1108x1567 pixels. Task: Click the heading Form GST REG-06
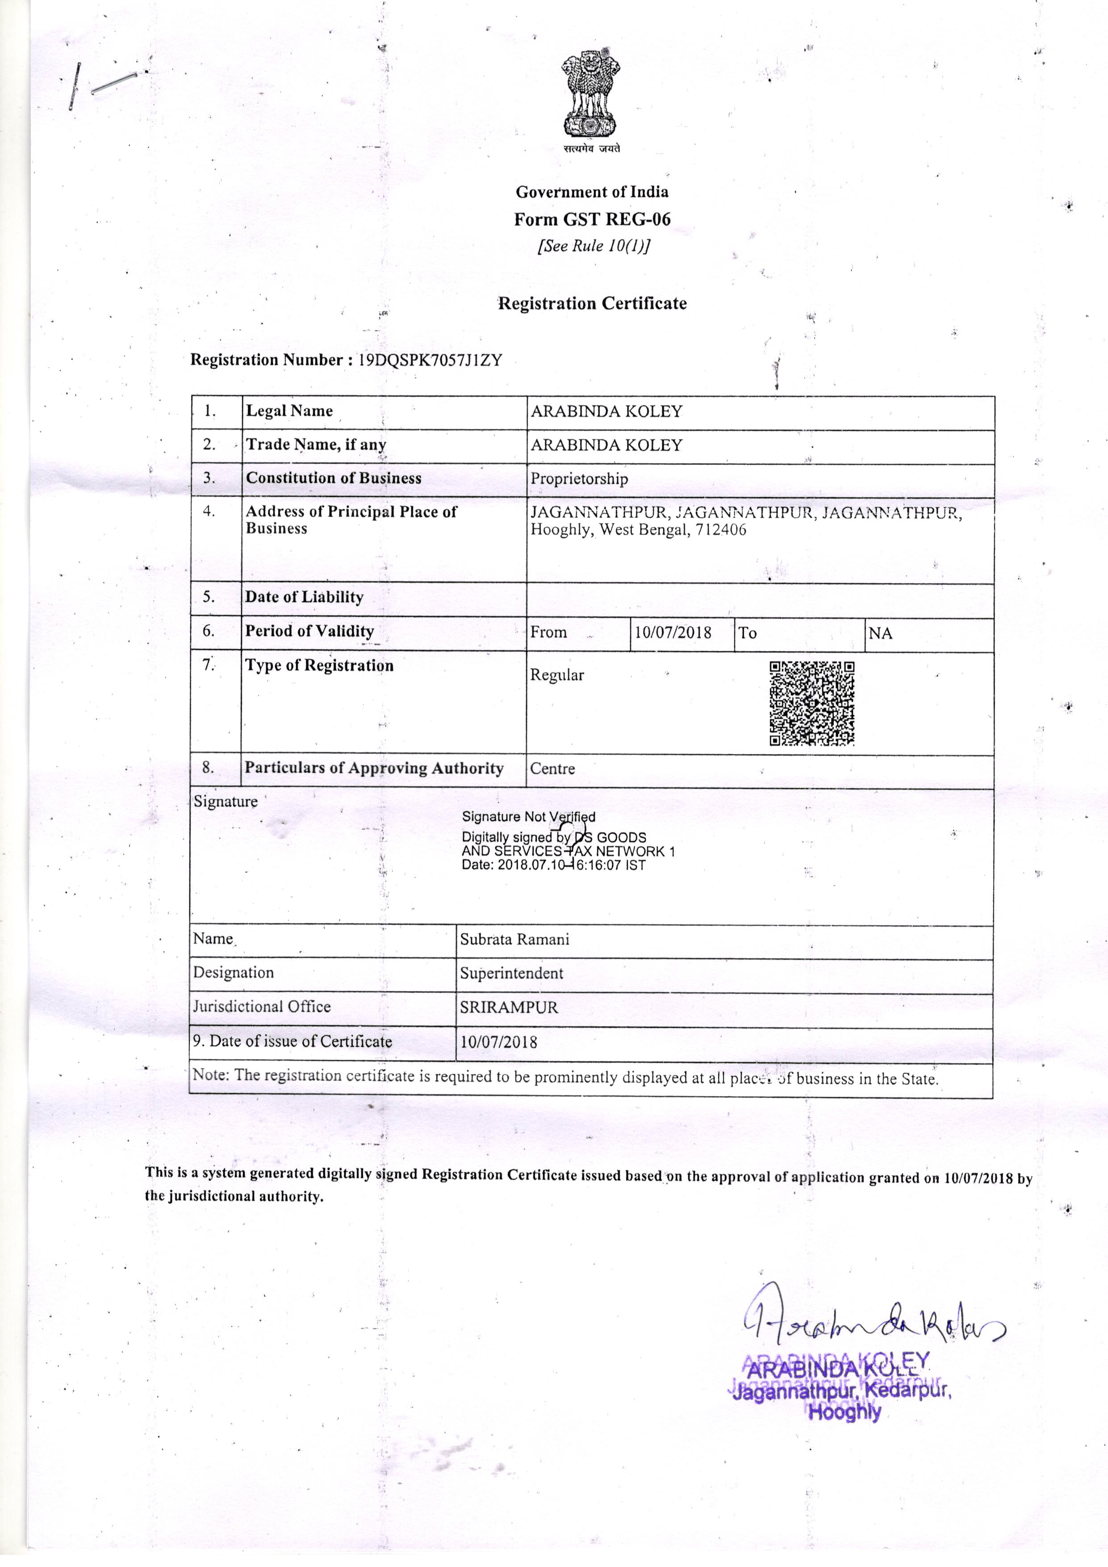point(592,219)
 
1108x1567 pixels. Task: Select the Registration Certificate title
point(592,304)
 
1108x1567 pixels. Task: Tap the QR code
point(812,704)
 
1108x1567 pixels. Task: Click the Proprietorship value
point(579,479)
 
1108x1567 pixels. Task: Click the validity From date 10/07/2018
point(673,633)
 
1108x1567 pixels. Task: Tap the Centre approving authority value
point(552,769)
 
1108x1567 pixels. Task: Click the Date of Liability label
point(304,597)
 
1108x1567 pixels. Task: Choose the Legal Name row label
point(289,411)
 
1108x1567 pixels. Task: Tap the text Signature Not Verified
point(529,817)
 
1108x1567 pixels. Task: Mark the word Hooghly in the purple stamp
point(844,1413)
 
